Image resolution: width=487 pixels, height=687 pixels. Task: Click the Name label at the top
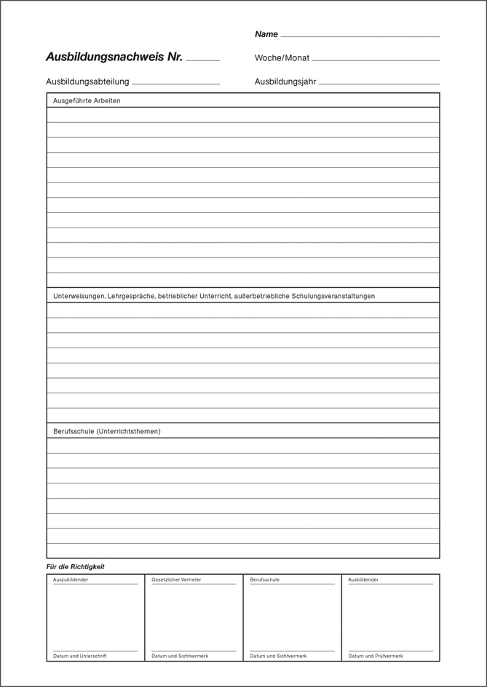(266, 34)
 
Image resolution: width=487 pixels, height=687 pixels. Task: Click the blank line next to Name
(360, 36)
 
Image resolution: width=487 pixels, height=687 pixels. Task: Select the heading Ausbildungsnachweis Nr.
(114, 57)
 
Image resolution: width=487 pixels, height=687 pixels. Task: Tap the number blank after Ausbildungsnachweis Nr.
(203, 60)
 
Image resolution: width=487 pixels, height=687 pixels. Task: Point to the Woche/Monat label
(282, 58)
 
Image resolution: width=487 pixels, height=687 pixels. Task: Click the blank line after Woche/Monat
(376, 60)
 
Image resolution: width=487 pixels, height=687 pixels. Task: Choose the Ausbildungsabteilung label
(87, 81)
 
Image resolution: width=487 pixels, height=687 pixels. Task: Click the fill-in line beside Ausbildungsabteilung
(176, 84)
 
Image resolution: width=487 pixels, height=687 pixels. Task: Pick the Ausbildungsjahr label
(285, 81)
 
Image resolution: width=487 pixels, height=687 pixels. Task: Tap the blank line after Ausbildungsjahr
(379, 84)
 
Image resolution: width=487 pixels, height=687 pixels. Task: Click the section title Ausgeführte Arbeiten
(87, 101)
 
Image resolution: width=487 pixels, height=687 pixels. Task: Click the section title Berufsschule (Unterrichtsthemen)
(107, 431)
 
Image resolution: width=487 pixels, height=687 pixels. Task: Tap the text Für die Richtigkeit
(76, 566)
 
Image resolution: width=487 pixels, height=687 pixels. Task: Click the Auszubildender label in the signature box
(71, 579)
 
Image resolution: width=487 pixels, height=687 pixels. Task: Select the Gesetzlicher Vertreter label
(176, 579)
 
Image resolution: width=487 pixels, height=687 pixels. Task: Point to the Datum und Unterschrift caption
(80, 656)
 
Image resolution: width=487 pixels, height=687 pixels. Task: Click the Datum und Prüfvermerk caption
(376, 656)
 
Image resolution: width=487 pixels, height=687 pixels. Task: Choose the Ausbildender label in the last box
(363, 579)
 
